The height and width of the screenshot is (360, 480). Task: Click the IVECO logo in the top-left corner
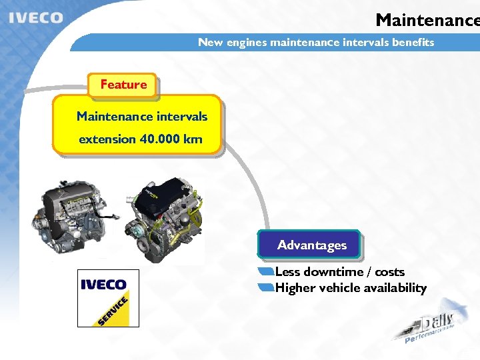click(x=36, y=17)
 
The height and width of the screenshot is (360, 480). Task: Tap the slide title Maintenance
click(x=427, y=20)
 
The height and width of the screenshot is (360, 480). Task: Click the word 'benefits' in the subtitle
click(x=413, y=43)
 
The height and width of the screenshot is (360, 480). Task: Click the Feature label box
click(x=123, y=85)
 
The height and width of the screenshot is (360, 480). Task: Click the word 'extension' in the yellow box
click(x=107, y=139)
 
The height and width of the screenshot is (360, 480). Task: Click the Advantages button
click(x=312, y=245)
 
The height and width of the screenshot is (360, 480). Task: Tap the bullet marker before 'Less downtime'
click(x=266, y=272)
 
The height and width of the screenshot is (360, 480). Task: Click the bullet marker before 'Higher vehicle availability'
click(x=266, y=288)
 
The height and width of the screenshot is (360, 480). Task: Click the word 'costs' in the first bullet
click(x=390, y=272)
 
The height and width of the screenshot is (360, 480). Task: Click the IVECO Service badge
click(x=108, y=298)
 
